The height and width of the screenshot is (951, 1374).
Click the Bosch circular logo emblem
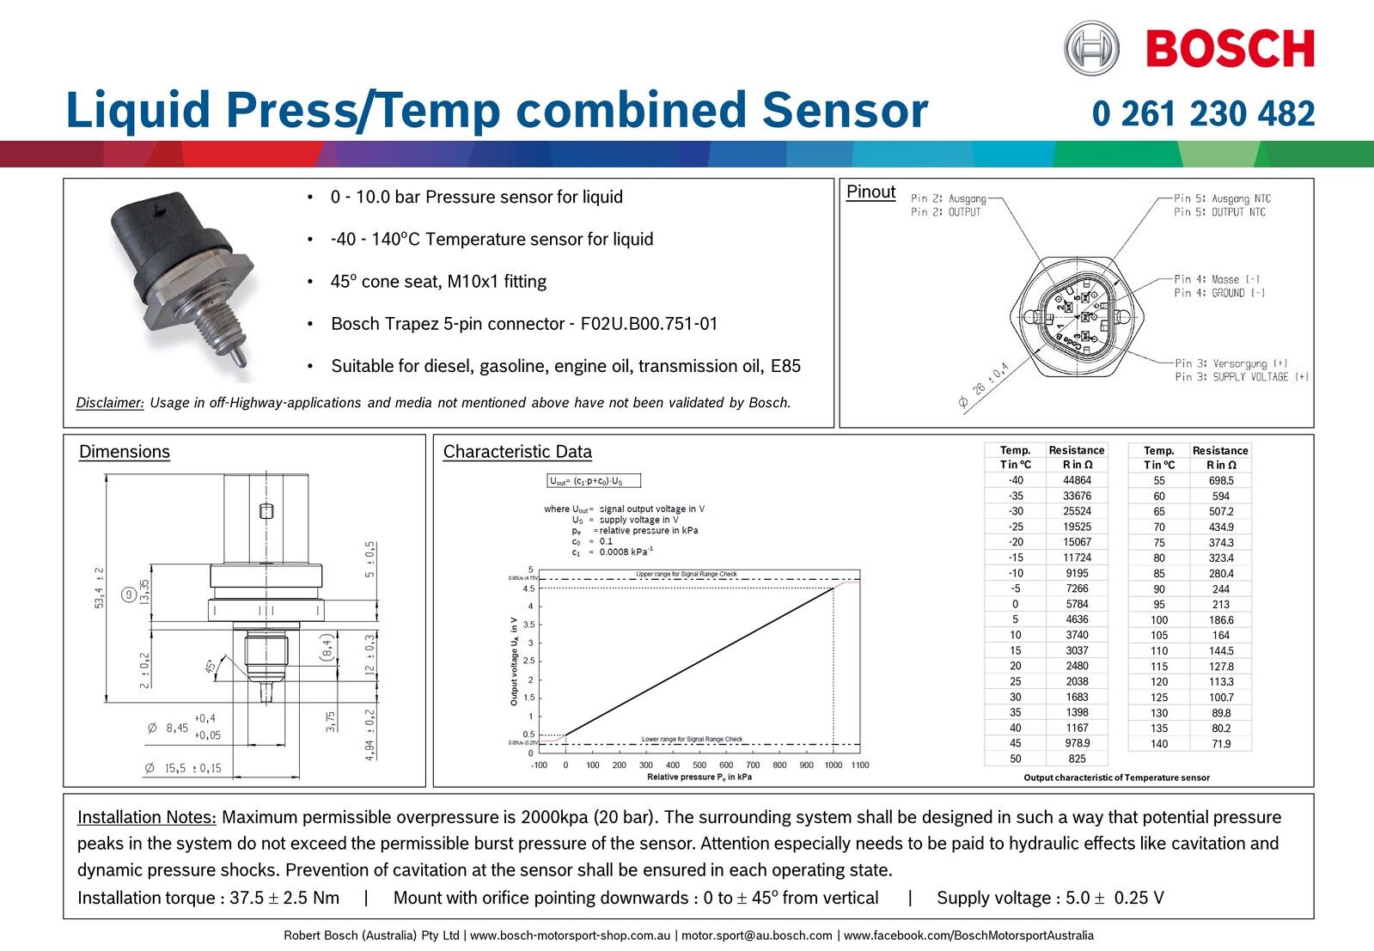[x=1091, y=48]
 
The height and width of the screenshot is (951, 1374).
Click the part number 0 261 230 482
[x=1203, y=113]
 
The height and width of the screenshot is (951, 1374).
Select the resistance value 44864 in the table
[x=1076, y=480]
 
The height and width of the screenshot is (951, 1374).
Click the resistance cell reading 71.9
[x=1220, y=744]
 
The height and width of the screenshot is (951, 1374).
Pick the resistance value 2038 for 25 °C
[x=1076, y=681]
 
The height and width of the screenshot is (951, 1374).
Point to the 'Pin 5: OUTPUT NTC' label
[x=1219, y=212]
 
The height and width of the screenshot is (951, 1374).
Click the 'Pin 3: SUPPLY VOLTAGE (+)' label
[x=1242, y=377]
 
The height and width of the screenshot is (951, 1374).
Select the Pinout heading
[x=870, y=192]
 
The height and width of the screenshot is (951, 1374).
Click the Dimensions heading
[x=125, y=452]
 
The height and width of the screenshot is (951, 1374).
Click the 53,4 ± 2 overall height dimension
[x=100, y=588]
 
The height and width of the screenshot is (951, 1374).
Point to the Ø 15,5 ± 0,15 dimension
[x=184, y=768]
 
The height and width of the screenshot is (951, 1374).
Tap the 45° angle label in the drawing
[x=210, y=666]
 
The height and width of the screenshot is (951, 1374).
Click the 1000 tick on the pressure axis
[x=833, y=765]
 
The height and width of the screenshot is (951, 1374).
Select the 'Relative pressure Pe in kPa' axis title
[x=699, y=777]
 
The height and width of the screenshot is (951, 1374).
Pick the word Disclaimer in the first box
[x=110, y=403]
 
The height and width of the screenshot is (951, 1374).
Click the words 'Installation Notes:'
[x=146, y=817]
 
